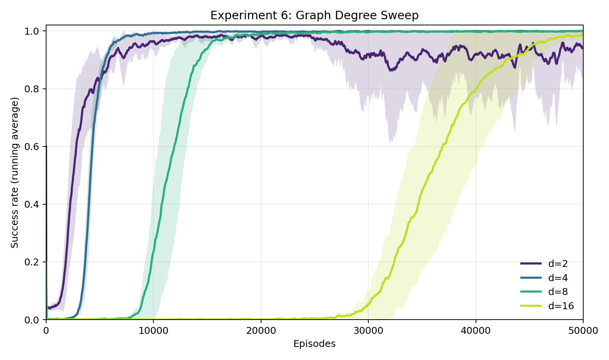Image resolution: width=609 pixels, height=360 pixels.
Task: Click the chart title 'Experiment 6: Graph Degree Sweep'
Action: [314, 15]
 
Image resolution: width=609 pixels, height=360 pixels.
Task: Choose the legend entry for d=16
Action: [561, 306]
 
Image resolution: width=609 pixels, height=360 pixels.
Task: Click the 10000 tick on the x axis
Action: [153, 331]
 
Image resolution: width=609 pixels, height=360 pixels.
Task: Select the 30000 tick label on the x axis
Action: [368, 331]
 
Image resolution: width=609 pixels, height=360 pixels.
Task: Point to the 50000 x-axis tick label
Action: [583, 331]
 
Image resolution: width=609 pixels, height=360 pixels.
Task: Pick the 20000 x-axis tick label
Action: [261, 331]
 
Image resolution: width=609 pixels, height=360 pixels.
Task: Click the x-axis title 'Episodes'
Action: [314, 344]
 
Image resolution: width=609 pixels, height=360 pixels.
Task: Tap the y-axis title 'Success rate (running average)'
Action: [15, 172]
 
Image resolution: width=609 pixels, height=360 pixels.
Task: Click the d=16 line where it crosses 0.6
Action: [443, 147]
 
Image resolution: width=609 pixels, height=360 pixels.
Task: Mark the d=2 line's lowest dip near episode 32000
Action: [391, 71]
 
